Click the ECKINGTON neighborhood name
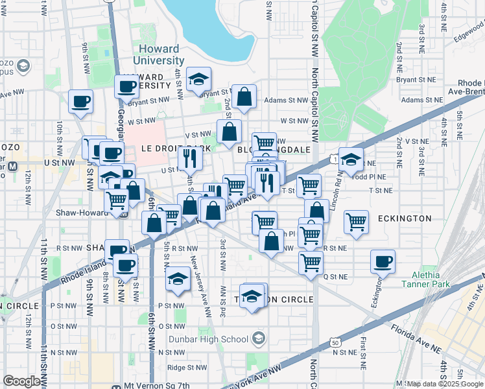pyautogui.click(x=404, y=218)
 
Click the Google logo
pyautogui.click(x=21, y=381)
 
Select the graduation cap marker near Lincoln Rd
pyautogui.click(x=350, y=159)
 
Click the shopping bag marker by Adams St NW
pyautogui.click(x=244, y=97)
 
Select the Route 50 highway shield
pyautogui.click(x=335, y=342)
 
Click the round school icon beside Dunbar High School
pyautogui.click(x=259, y=338)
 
